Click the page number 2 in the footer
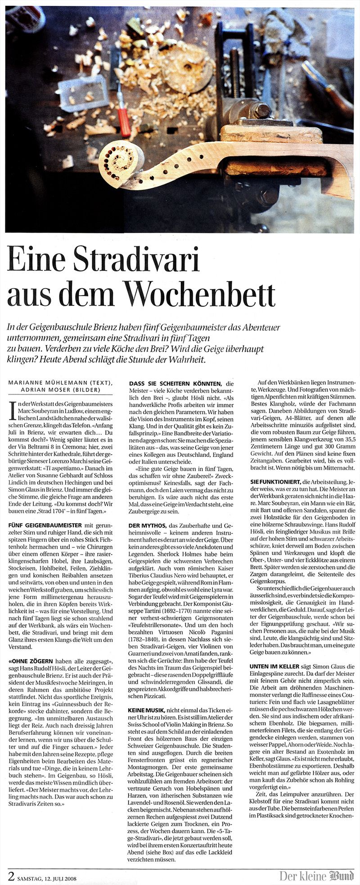[11, 874]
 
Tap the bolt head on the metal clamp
[261, 109]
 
